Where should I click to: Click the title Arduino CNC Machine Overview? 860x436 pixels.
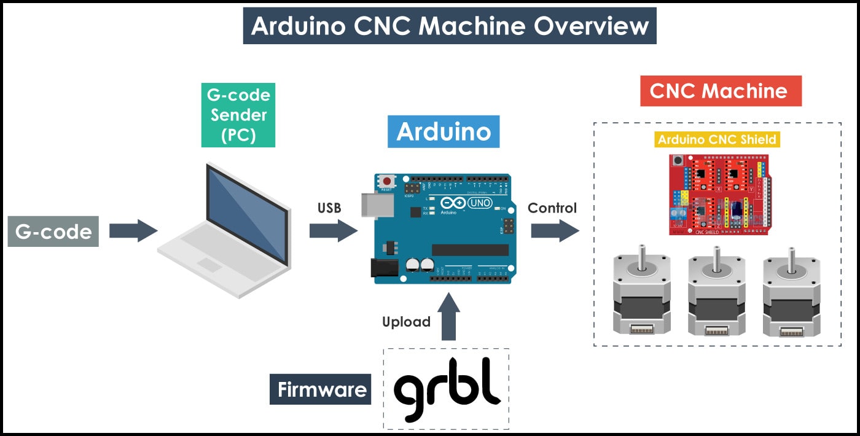[x=450, y=26]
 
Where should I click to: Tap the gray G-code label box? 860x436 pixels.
[x=53, y=232]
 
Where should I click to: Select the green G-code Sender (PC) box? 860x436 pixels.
[x=238, y=115]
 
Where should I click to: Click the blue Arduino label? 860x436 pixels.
[x=444, y=131]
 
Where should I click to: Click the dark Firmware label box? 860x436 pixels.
[x=321, y=389]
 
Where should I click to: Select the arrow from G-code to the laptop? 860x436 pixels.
[x=133, y=231]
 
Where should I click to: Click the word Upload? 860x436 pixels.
[x=406, y=322]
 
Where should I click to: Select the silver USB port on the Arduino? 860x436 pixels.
[x=371, y=204]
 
